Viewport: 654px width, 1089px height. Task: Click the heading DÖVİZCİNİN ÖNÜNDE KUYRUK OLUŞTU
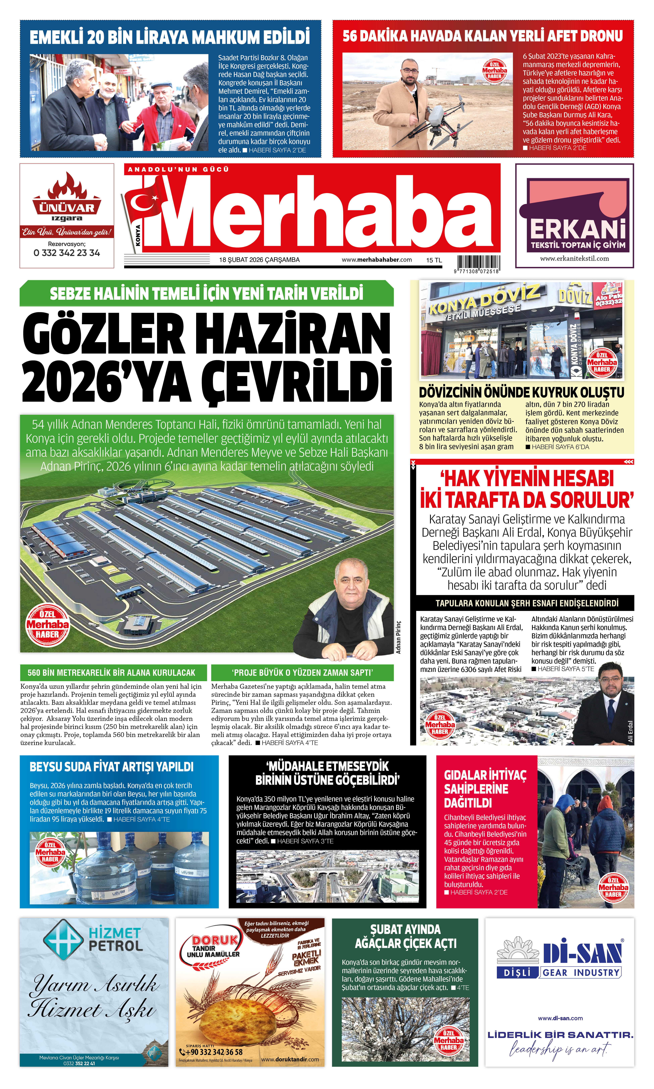(x=521, y=392)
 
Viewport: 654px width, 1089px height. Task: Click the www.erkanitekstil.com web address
(x=574, y=259)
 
